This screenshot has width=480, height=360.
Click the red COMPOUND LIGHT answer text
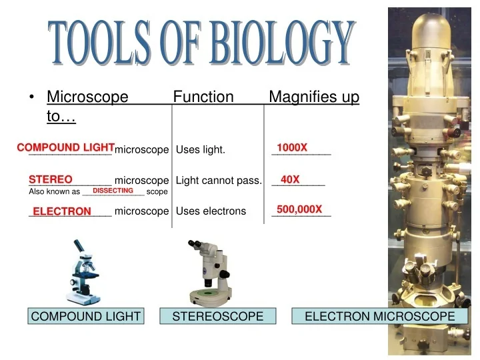pyautogui.click(x=66, y=147)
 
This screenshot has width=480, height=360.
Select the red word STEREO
pyautogui.click(x=51, y=179)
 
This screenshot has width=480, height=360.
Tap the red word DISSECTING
pyautogui.click(x=113, y=191)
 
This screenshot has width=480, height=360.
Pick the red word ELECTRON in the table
pyautogui.click(x=62, y=211)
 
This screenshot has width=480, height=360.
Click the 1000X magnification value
pyautogui.click(x=292, y=147)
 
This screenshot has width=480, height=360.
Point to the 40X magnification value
pyautogui.click(x=290, y=179)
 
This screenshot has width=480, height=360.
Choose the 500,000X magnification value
pyautogui.click(x=299, y=209)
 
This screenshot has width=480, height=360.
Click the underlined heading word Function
pyautogui.click(x=203, y=97)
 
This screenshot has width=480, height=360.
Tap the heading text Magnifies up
pyautogui.click(x=314, y=97)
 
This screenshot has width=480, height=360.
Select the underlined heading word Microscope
pyautogui.click(x=87, y=97)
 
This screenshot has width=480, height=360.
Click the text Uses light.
pyautogui.click(x=201, y=150)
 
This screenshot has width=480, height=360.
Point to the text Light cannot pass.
pyautogui.click(x=219, y=181)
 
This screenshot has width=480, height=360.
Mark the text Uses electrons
pyautogui.click(x=211, y=211)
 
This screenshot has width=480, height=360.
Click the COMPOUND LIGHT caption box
pyautogui.click(x=86, y=317)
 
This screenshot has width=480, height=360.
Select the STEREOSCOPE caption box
pyautogui.click(x=218, y=317)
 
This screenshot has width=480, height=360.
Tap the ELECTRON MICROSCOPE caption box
pyautogui.click(x=379, y=317)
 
